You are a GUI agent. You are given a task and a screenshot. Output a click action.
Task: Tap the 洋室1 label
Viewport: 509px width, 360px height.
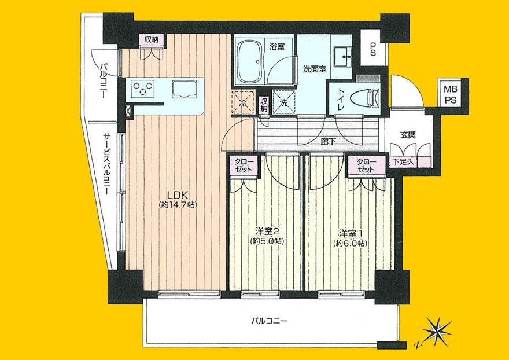[351, 233]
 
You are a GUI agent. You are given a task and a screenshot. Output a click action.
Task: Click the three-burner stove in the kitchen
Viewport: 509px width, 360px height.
[144, 89]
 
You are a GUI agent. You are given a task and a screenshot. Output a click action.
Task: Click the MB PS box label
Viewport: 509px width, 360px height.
[449, 94]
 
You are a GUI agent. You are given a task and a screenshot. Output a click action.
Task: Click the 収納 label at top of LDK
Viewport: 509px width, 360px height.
[152, 39]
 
